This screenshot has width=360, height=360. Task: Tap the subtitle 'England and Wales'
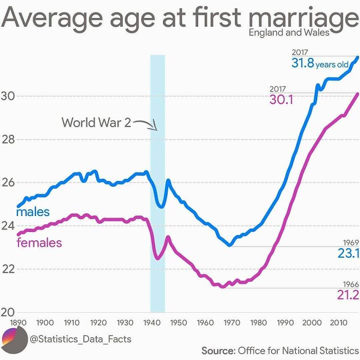coord(289,33)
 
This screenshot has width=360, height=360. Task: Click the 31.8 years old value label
coord(319,64)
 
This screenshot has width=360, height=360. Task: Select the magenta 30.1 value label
coord(281,100)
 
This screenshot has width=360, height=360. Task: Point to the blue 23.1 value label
coord(348,253)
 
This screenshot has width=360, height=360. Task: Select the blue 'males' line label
coord(33,212)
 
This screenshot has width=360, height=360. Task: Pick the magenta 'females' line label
coord(39,242)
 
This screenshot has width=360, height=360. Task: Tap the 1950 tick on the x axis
coord(178,322)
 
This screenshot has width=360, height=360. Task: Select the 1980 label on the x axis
coord(258,322)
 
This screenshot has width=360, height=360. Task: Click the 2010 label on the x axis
coord(338,322)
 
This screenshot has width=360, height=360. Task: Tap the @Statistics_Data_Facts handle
coord(81,339)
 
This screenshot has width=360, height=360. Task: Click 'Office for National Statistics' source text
coord(297,350)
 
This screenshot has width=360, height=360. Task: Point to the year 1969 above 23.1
coord(350,243)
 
